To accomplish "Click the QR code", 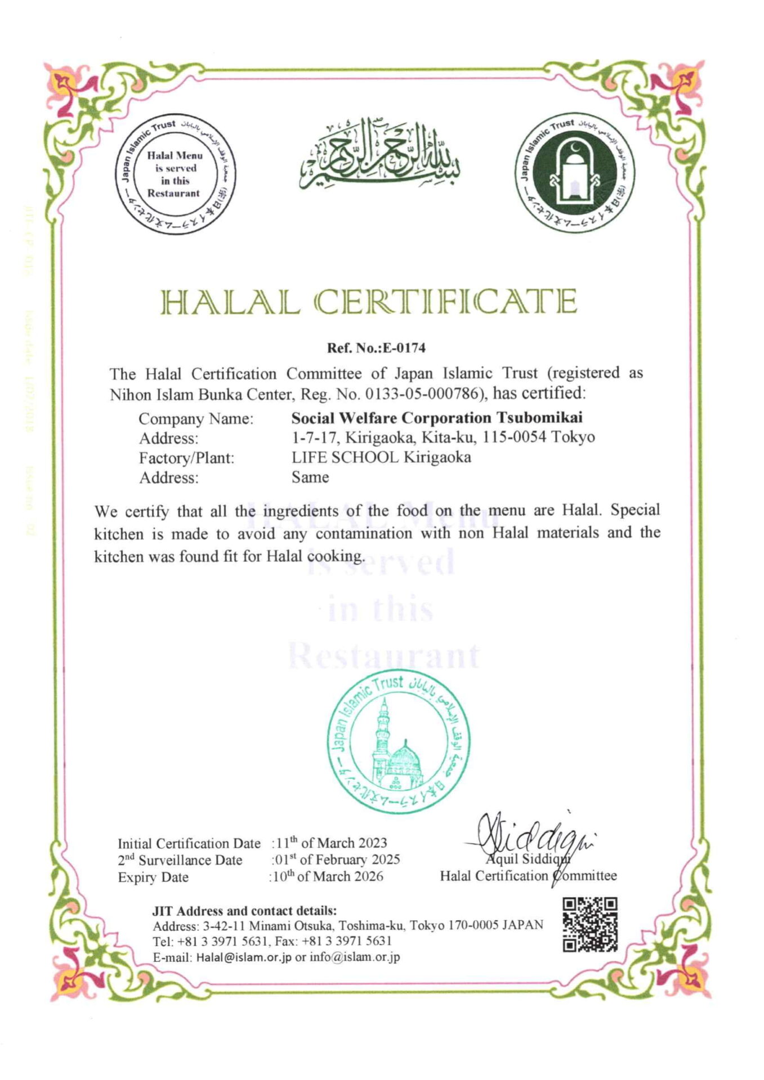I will pyautogui.click(x=590, y=925).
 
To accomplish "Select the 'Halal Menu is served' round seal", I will pyautogui.click(x=175, y=175).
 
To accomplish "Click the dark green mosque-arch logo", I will pyautogui.click(x=575, y=175).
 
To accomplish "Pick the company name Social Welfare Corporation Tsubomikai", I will pyautogui.click(x=437, y=418).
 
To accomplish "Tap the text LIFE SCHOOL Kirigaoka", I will pyautogui.click(x=381, y=457).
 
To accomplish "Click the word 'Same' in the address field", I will pyautogui.click(x=310, y=477).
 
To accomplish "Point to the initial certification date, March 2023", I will pyautogui.click(x=330, y=843).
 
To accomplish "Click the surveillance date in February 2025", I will pyautogui.click(x=337, y=859).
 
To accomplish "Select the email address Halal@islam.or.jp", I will pyautogui.click(x=244, y=957).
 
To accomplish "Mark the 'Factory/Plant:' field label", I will pyautogui.click(x=186, y=458).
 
